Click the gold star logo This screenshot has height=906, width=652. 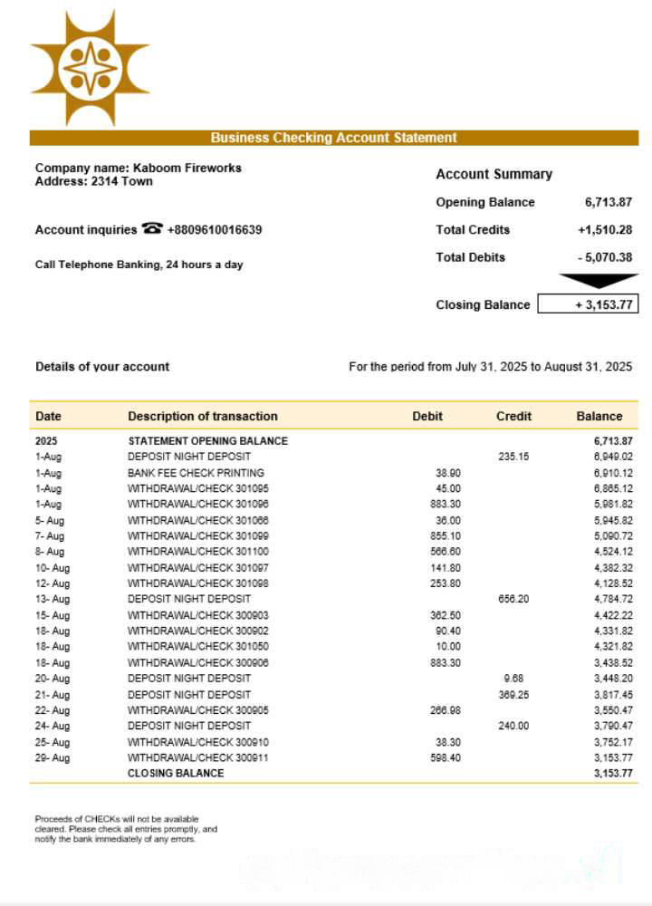tap(90, 68)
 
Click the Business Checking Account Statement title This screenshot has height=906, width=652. tap(333, 138)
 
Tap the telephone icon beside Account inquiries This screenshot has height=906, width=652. tap(152, 229)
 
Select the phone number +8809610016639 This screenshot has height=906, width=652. tap(215, 230)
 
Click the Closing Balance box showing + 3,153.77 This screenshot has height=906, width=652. tap(588, 304)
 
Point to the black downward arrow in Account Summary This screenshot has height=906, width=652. tap(599, 281)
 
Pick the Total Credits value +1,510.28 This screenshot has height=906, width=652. tap(604, 230)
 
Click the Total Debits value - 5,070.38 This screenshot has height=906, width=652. tap(604, 257)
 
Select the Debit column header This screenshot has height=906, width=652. tap(427, 417)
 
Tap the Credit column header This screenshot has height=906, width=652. tap(513, 417)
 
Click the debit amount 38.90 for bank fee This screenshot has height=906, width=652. tap(448, 473)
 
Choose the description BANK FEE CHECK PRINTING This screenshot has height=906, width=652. tap(196, 473)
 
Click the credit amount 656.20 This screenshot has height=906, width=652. tap(513, 600)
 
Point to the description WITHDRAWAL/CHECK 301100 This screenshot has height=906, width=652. tap(198, 552)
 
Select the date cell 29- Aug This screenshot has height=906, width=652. tap(53, 758)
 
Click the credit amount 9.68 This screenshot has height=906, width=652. tap(513, 679)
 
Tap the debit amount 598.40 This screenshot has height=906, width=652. tap(446, 758)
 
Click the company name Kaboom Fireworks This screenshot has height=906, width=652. tap(187, 168)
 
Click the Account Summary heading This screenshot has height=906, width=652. tap(494, 174)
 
